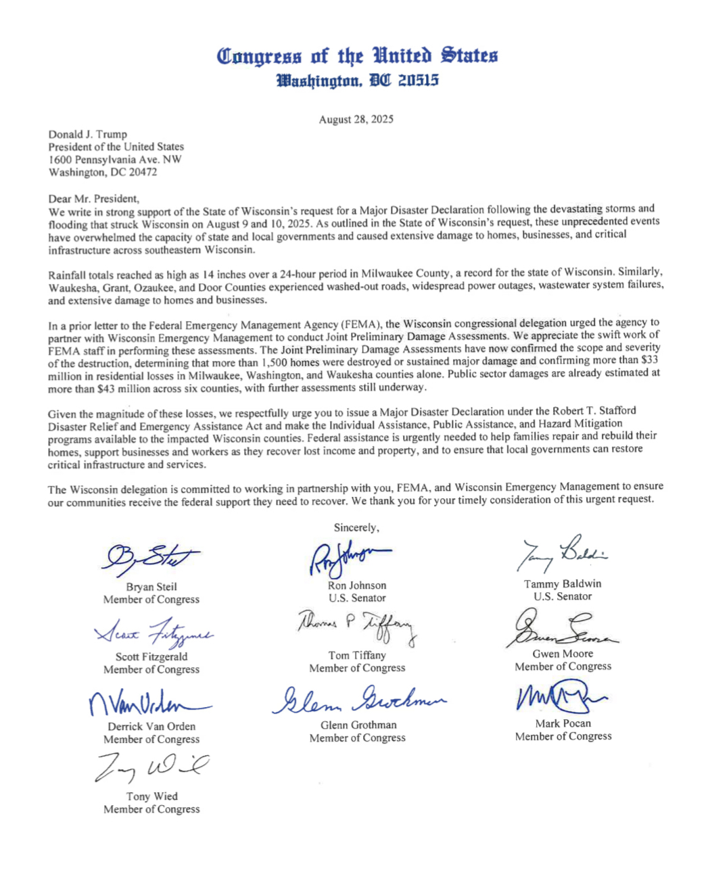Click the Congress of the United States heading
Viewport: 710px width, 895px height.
[357, 55]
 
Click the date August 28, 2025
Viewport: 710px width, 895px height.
[356, 120]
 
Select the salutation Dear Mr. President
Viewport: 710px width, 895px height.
[93, 199]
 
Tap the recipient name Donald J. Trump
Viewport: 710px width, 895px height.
[87, 135]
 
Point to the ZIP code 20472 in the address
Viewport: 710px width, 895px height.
[143, 172]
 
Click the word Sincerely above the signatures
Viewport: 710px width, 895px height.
[356, 528]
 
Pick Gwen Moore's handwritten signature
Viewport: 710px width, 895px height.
[563, 629]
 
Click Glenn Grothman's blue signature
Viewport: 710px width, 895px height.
[359, 700]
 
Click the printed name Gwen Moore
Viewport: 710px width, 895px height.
[563, 654]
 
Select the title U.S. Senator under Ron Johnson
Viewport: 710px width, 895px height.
[357, 598]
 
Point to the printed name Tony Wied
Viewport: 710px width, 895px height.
[151, 796]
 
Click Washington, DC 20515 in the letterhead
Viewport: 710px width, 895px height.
[357, 81]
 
